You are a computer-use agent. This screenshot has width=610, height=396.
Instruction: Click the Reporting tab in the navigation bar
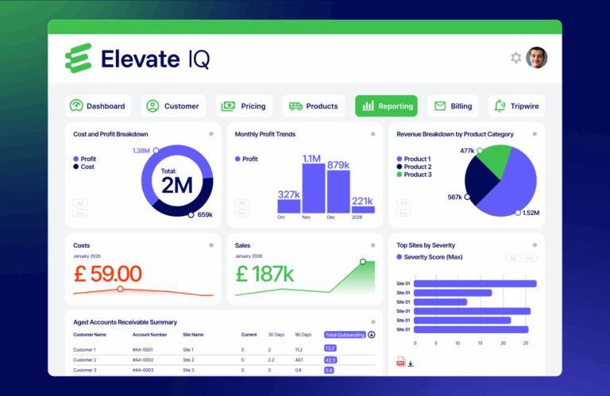click(x=386, y=106)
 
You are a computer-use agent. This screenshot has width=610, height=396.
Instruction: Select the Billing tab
click(x=453, y=106)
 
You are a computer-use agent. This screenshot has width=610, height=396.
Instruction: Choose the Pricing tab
click(x=244, y=106)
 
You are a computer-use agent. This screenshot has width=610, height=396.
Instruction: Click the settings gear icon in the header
click(x=516, y=58)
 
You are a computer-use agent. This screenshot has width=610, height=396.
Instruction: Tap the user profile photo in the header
click(x=537, y=58)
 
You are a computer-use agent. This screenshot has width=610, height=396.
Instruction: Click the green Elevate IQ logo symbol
click(x=79, y=59)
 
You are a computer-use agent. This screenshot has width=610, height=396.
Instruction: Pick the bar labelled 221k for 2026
click(x=362, y=210)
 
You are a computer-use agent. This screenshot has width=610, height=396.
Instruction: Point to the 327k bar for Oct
click(x=288, y=206)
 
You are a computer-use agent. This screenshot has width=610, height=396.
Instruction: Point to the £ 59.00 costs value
click(x=107, y=275)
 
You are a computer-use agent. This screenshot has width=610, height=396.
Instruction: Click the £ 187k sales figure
click(x=265, y=275)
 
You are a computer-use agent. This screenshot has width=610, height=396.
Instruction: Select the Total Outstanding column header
click(x=346, y=335)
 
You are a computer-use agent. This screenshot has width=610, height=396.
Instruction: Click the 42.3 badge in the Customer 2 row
click(x=330, y=359)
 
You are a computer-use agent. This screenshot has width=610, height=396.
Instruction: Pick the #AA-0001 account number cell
click(x=144, y=349)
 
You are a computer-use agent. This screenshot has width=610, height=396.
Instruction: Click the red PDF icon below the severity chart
click(x=400, y=363)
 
